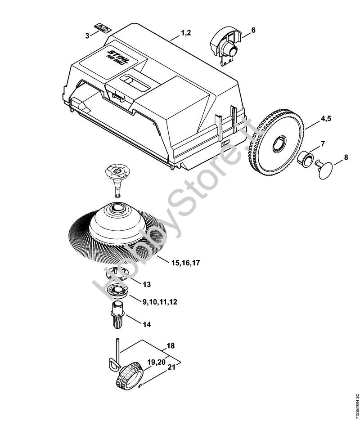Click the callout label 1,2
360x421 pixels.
186,32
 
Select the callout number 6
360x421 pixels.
253,30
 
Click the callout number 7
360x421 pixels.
322,143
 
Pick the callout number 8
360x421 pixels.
346,157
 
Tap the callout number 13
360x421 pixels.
147,285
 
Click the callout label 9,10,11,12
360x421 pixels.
160,302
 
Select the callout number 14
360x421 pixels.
147,324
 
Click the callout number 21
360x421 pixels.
171,368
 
